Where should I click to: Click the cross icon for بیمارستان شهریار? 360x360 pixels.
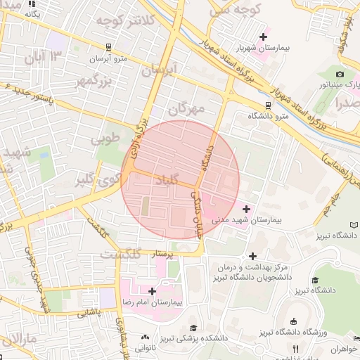tap(264, 36)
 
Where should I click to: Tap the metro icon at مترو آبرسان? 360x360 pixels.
tap(108, 47)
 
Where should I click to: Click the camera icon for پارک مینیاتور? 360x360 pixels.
tap(340, 74)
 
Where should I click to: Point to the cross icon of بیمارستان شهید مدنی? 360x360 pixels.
tap(245, 209)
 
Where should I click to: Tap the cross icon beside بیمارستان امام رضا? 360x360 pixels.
tap(152, 290)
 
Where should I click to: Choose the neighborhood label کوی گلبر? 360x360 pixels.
tap(94, 180)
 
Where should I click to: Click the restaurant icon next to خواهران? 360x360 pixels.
tap(296, 349)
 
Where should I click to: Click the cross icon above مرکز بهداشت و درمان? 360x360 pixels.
tap(253, 255)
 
